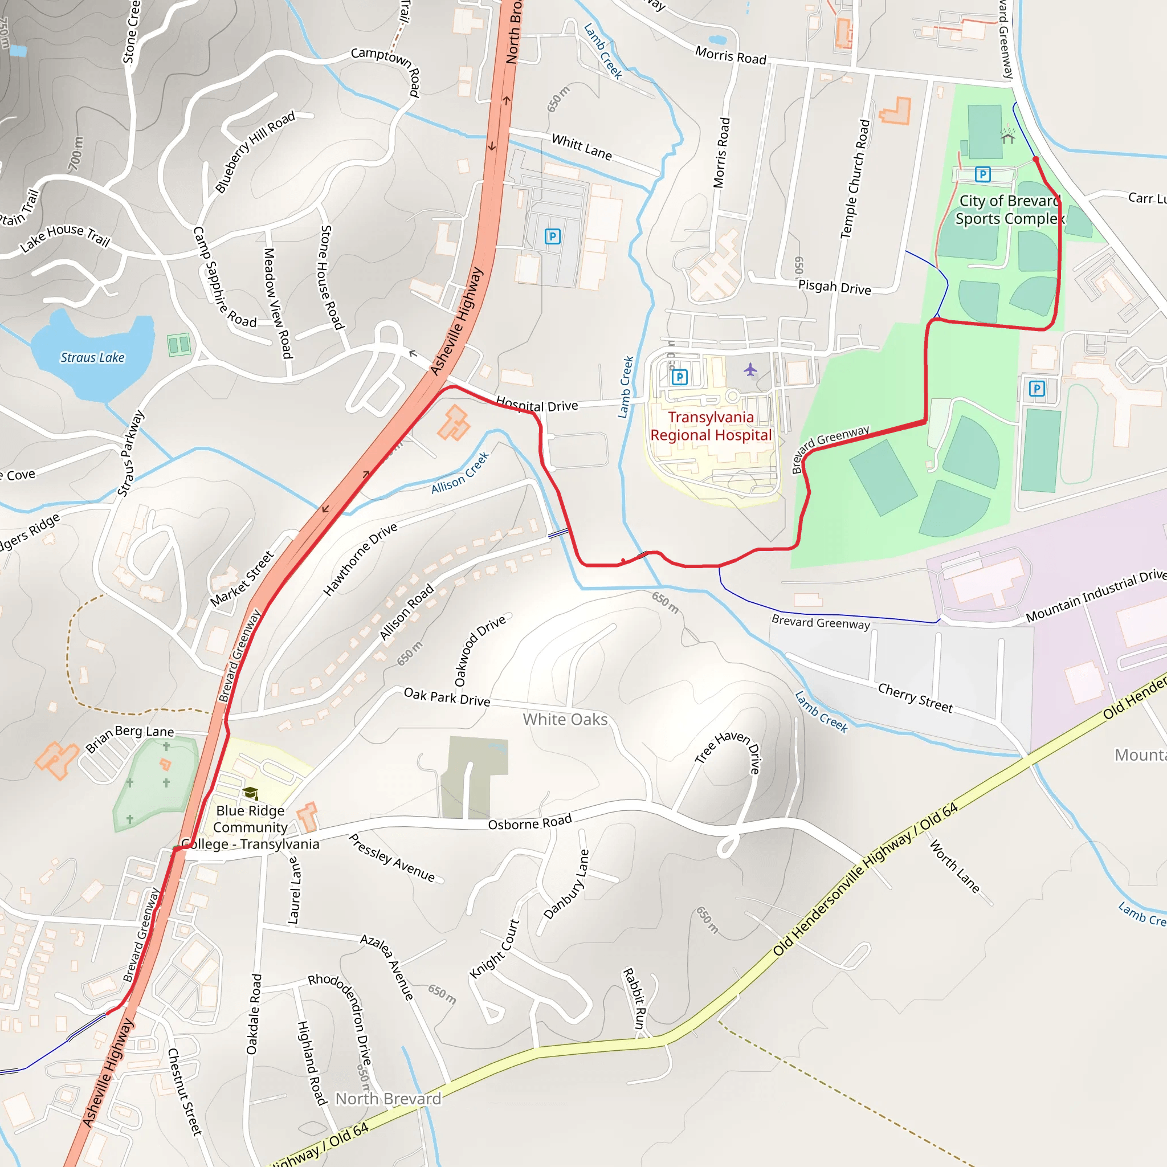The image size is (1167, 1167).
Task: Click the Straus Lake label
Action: click(x=92, y=358)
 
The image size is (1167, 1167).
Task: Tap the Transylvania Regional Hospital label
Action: click(x=711, y=426)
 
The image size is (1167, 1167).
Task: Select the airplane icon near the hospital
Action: click(x=750, y=369)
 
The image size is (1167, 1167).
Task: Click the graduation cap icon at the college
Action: click(x=250, y=793)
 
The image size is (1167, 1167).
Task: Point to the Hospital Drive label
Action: click(x=537, y=405)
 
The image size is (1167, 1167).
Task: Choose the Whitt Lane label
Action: click(x=582, y=147)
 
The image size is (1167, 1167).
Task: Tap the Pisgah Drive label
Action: click(x=834, y=287)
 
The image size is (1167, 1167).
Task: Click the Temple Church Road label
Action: click(x=855, y=179)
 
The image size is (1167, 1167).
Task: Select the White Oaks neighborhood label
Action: click(x=565, y=720)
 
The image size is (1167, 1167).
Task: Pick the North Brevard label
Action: click(x=388, y=1099)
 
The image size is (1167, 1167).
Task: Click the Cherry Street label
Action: click(x=915, y=697)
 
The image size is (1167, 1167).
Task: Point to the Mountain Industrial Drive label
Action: click(x=1096, y=595)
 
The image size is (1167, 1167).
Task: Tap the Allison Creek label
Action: click(x=460, y=472)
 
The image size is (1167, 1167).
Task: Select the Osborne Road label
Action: click(x=530, y=823)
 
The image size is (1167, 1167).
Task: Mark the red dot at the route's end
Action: click(x=1036, y=159)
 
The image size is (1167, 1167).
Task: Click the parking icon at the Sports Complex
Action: click(x=983, y=174)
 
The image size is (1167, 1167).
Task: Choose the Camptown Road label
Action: click(x=386, y=68)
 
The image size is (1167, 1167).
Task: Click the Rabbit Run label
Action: click(x=634, y=999)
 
